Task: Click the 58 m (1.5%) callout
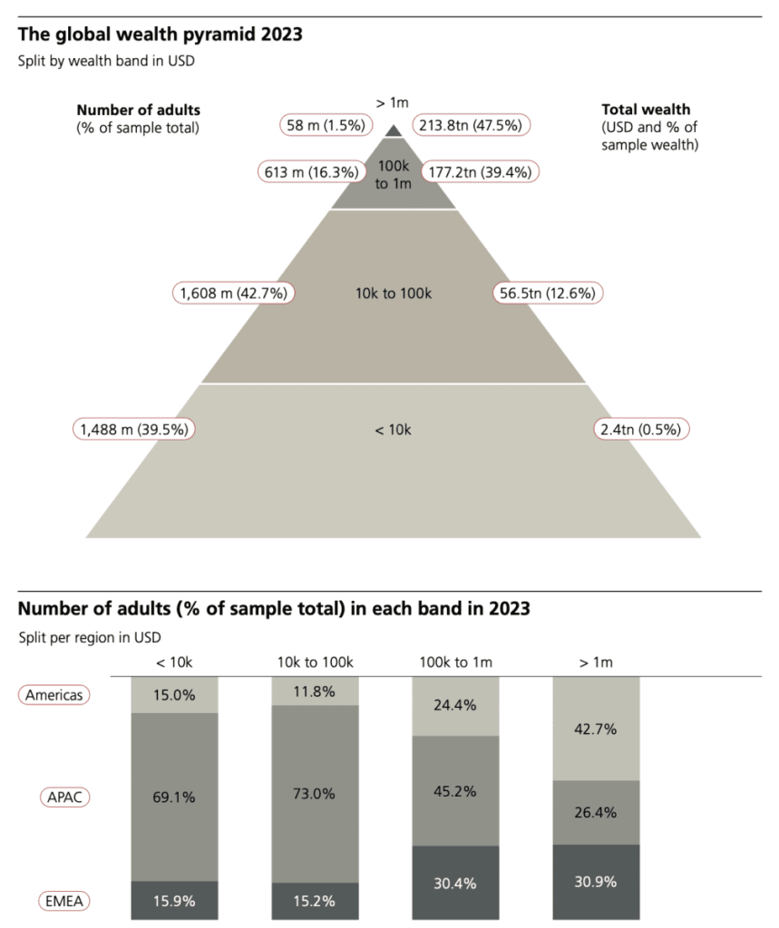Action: tap(320, 125)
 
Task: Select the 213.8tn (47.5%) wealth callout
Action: tap(472, 125)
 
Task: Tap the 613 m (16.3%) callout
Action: tap(308, 170)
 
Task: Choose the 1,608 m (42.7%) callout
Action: tap(236, 293)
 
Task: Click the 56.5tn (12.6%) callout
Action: tap(549, 293)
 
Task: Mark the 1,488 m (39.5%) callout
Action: tap(136, 429)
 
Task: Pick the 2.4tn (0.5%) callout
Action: tap(640, 429)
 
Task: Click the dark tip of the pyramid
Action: tap(393, 130)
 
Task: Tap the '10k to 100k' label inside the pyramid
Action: tap(393, 293)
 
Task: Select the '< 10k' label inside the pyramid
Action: tap(393, 429)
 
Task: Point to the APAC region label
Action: tap(66, 797)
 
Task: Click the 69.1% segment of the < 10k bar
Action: tap(175, 797)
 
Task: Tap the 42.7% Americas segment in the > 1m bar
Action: tap(597, 728)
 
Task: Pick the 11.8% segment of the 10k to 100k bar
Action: tap(316, 692)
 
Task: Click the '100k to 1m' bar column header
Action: tap(456, 662)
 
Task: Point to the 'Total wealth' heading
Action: tap(645, 110)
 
